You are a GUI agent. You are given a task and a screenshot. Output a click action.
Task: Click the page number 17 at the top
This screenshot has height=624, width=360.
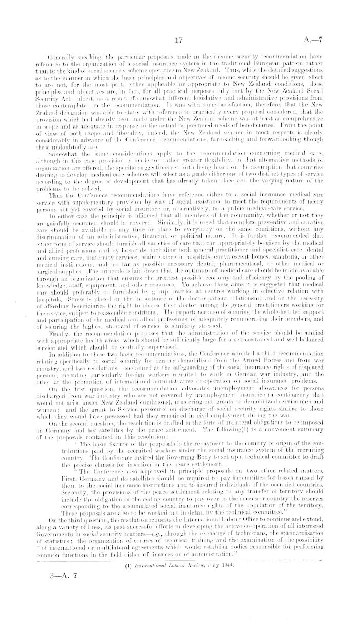(179, 40)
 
